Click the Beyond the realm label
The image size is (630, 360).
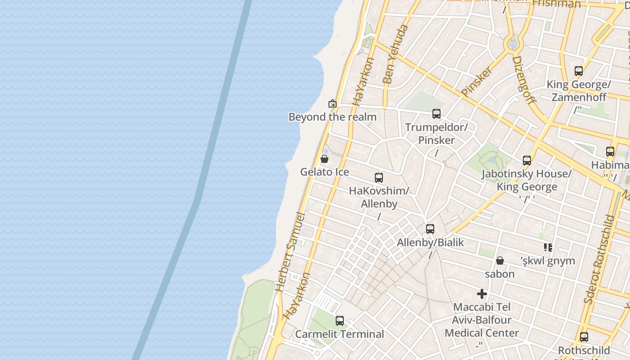point(332,117)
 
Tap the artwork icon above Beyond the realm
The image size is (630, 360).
point(333,103)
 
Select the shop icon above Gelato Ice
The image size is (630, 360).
point(324,159)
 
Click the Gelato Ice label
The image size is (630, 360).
point(324,172)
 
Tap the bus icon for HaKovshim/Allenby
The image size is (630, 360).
point(379,178)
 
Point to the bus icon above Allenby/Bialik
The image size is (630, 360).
point(430,229)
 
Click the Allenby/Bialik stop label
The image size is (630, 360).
point(430,243)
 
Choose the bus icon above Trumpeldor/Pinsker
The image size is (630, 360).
point(436,114)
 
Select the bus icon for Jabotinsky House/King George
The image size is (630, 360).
point(527,161)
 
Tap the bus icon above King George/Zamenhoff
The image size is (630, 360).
point(579,71)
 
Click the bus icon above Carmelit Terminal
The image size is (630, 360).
point(340,321)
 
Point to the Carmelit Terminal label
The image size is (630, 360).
point(340,334)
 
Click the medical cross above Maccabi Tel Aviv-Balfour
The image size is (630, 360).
point(482,294)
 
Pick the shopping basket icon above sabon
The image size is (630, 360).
point(499,261)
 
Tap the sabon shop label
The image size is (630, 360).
point(499,274)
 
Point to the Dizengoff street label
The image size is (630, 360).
point(524,80)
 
